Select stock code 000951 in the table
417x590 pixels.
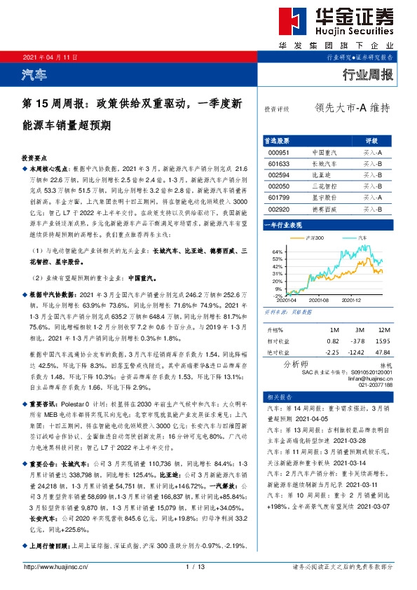278,152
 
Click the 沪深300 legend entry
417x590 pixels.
316,238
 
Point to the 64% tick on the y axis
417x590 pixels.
278,252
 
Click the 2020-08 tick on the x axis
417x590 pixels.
318,299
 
